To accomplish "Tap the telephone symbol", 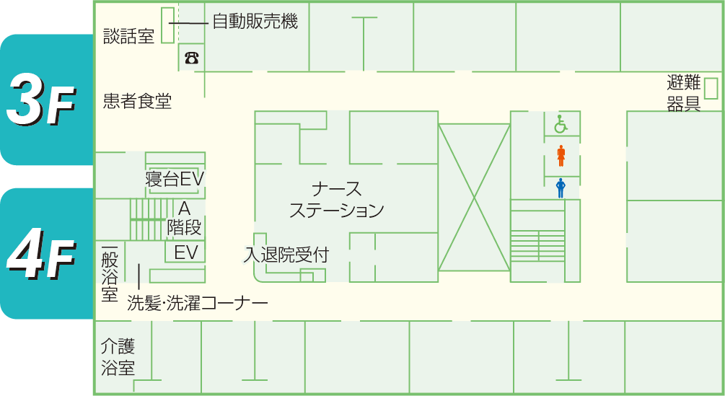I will (191, 58).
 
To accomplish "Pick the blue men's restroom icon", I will (561, 188).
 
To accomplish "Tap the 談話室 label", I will (128, 36).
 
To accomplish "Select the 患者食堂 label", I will (137, 101).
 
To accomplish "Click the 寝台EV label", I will (176, 179).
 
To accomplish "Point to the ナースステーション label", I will (336, 200).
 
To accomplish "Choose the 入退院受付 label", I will (286, 255).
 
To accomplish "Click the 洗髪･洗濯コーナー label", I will (197, 304).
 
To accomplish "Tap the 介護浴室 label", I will (118, 357).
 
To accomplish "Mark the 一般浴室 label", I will (110, 275).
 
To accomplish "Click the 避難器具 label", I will (684, 94).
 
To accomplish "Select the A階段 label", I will (184, 218).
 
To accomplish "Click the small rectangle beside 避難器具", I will (711, 88).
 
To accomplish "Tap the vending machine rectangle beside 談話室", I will (167, 25).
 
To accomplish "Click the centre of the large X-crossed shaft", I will (473, 197).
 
